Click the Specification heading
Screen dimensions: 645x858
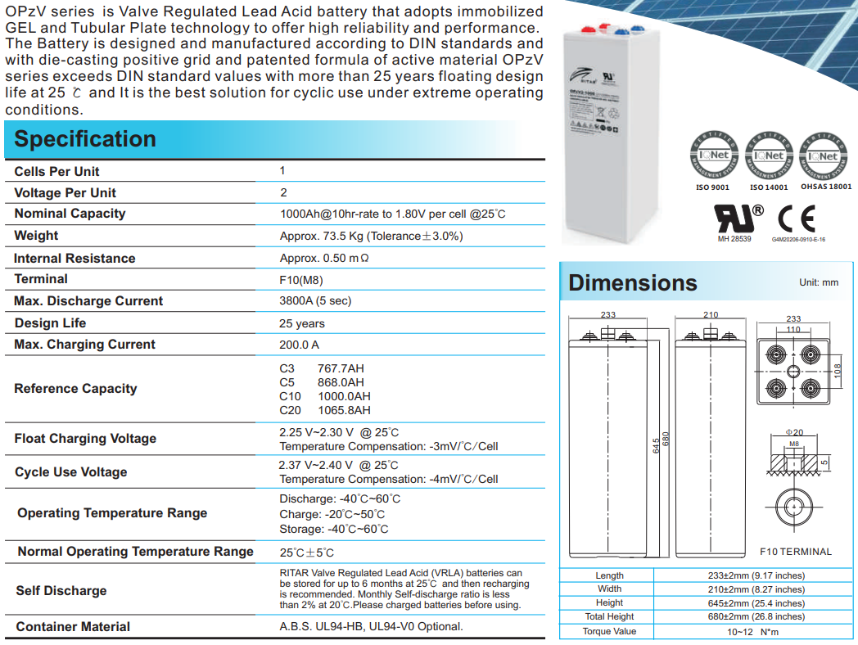click(x=85, y=139)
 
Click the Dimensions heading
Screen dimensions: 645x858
click(x=633, y=283)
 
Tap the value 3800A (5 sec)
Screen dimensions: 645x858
click(x=315, y=300)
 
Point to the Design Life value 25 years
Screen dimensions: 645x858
click(x=302, y=323)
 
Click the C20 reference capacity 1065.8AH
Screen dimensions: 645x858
click(x=344, y=410)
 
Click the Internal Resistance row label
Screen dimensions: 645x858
click(x=75, y=258)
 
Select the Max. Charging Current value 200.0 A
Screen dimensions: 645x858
click(x=300, y=345)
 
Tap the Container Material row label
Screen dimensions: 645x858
click(x=73, y=627)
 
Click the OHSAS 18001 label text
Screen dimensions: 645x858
click(x=825, y=187)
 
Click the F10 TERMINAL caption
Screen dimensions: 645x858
click(x=795, y=552)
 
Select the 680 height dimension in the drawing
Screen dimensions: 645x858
click(x=666, y=439)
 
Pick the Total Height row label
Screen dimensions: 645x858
click(x=609, y=617)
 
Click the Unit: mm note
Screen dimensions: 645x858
click(x=819, y=282)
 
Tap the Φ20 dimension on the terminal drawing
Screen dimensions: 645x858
click(x=794, y=431)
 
